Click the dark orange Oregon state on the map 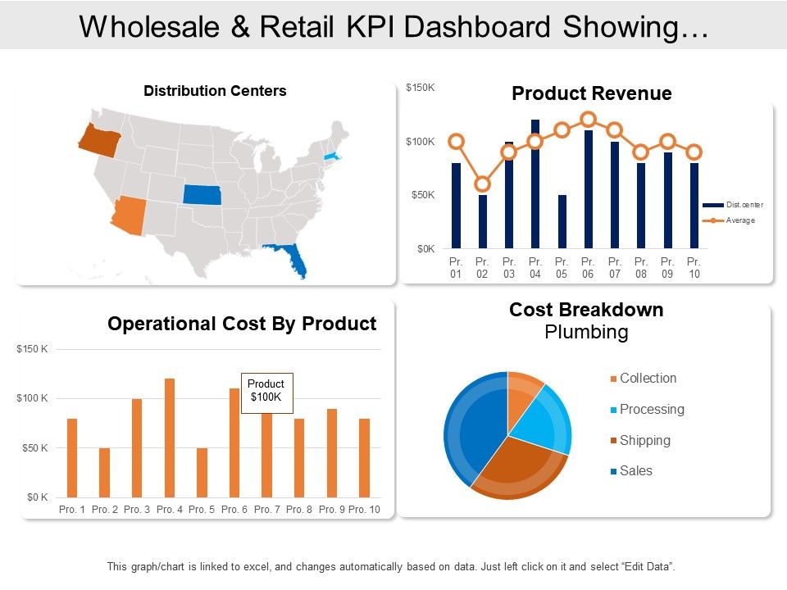pos(99,140)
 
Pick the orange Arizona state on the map pos(131,215)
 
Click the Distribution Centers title pos(215,91)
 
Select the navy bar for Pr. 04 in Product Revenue pos(535,184)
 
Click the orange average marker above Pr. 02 pos(483,184)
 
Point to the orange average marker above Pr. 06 pos(588,120)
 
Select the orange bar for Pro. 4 pos(170,438)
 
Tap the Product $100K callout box pos(266,390)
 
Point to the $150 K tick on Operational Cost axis pos(33,349)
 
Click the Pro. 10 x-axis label pos(364,510)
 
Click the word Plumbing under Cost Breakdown pos(586,332)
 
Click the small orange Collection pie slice pos(522,393)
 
